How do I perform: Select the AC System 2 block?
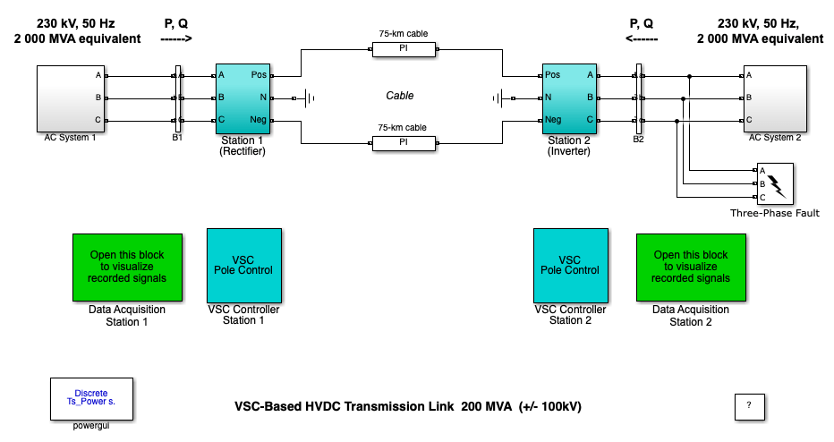point(779,97)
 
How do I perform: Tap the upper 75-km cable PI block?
point(403,50)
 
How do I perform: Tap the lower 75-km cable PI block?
point(403,142)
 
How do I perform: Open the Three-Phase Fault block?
point(775,183)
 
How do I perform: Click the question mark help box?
point(749,405)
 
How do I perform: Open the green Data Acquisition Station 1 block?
point(126,267)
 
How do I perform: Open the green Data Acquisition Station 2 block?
point(692,267)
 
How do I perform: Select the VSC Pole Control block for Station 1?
point(243,265)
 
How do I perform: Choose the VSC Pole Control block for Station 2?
point(570,265)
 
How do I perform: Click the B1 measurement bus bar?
point(177,98)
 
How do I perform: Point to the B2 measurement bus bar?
point(638,98)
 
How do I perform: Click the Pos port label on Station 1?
point(259,75)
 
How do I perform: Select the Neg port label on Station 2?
point(555,120)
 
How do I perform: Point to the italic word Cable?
point(400,96)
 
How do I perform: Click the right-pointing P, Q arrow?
point(176,39)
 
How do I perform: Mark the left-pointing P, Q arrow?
point(642,39)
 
